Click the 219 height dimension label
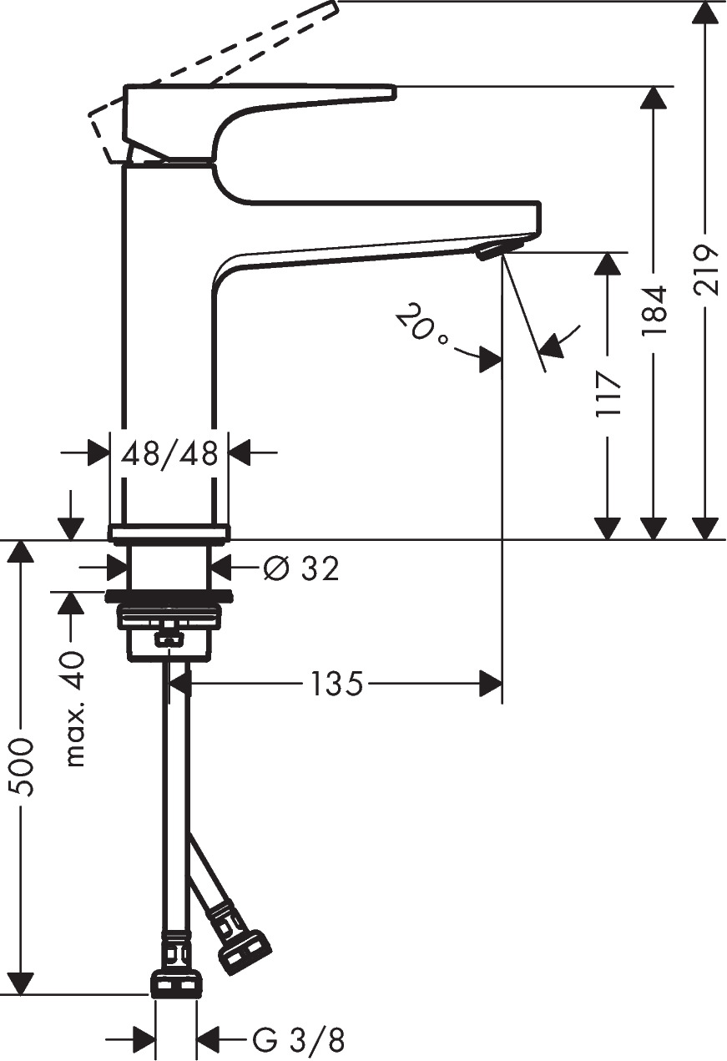click(706, 270)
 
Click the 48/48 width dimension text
click(169, 454)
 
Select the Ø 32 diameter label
click(301, 569)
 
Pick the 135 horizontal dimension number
click(337, 685)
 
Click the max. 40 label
click(74, 709)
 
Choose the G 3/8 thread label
click(298, 1041)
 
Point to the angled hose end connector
click(245, 952)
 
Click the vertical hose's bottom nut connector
click(176, 984)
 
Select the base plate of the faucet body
click(169, 533)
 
